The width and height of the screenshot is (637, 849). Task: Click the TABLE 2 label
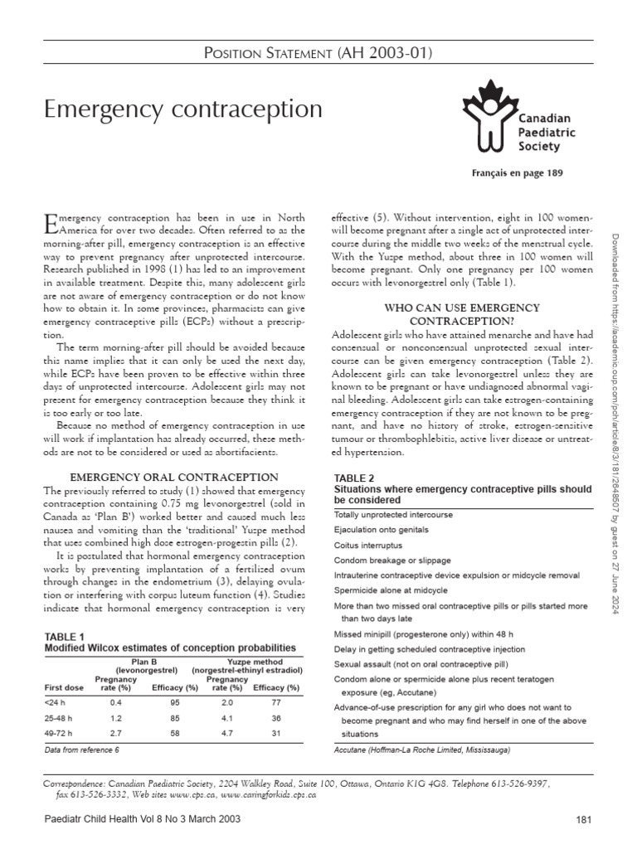[x=353, y=478]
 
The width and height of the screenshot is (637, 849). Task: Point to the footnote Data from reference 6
[x=81, y=750]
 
